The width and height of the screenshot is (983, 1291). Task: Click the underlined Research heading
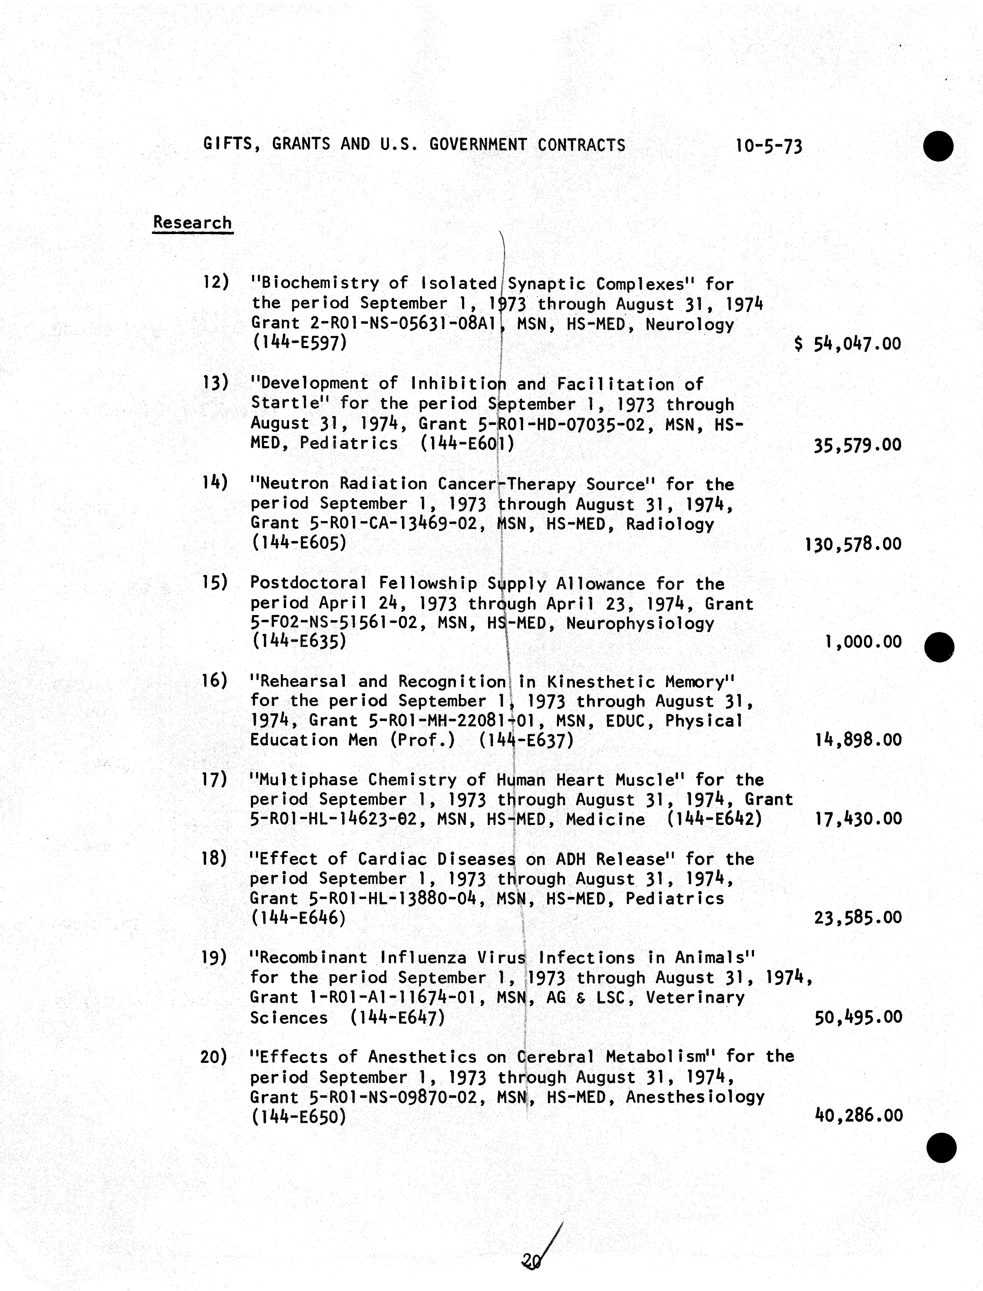coord(192,223)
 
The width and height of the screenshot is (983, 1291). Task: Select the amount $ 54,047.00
coord(848,343)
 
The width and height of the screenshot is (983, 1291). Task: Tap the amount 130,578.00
coord(854,544)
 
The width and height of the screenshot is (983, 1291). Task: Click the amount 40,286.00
coord(858,1115)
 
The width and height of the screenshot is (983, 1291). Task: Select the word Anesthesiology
coord(695,1097)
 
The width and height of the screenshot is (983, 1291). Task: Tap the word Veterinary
coord(695,997)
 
